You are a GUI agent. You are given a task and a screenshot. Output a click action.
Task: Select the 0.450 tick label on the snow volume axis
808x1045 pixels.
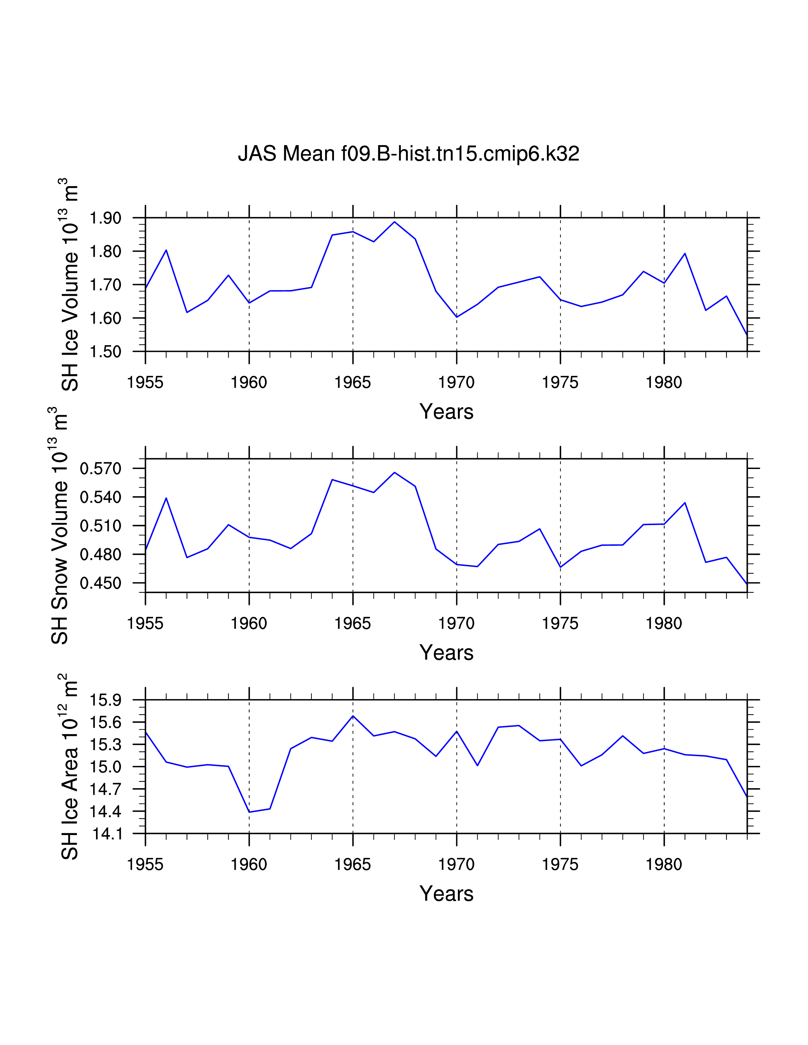tap(100, 583)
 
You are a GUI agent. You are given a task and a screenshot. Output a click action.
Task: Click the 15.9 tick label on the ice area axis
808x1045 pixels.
tap(106, 700)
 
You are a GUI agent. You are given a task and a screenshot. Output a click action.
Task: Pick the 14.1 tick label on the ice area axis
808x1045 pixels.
tap(106, 834)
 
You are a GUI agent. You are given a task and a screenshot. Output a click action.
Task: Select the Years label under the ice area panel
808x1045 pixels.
tap(446, 894)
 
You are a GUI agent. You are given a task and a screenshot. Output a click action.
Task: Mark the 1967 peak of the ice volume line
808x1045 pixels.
tap(394, 222)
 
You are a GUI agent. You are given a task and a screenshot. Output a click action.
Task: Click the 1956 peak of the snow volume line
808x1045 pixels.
tap(166, 498)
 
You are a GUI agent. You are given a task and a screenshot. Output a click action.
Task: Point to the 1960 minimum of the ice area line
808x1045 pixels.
tap(249, 812)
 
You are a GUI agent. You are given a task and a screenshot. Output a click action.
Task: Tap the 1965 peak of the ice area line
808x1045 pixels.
tap(353, 716)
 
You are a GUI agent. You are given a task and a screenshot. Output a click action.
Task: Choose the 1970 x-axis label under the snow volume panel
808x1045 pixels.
tap(456, 624)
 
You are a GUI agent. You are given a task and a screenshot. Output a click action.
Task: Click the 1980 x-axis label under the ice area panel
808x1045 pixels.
tap(664, 864)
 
